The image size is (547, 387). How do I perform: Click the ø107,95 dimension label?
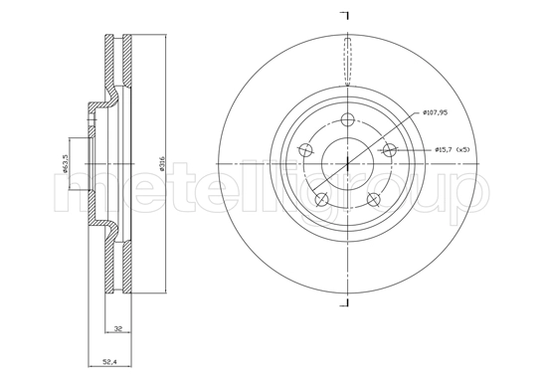pyautogui.click(x=435, y=112)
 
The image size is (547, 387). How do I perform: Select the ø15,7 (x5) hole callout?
pyautogui.click(x=453, y=149)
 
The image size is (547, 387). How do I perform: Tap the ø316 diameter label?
pyautogui.click(x=161, y=163)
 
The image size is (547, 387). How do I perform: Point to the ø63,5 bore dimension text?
pyautogui.click(x=65, y=164)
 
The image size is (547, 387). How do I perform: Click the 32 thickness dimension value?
pyautogui.click(x=118, y=328)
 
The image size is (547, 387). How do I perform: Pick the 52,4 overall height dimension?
pyautogui.click(x=109, y=362)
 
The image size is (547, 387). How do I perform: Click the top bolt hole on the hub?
pyautogui.click(x=347, y=119)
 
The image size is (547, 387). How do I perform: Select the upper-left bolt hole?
pyautogui.click(x=306, y=150)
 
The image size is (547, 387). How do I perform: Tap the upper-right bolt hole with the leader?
pyautogui.click(x=389, y=150)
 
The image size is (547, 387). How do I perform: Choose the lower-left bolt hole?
pyautogui.click(x=321, y=199)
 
